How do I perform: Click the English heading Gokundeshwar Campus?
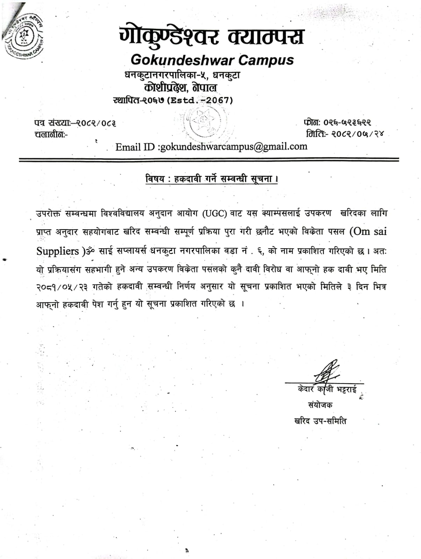pos(212,60)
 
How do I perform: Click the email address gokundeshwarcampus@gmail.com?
pos(233,146)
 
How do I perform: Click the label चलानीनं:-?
pos(51,134)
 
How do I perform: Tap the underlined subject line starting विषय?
pos(212,179)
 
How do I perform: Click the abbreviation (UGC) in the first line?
pos(214,213)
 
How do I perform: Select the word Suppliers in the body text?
pos(58,251)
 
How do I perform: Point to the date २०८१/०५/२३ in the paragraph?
pos(62,287)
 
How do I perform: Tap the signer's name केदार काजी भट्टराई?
pos(327,389)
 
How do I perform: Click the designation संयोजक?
pos(320,405)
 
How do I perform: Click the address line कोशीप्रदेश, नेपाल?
pos(181,87)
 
